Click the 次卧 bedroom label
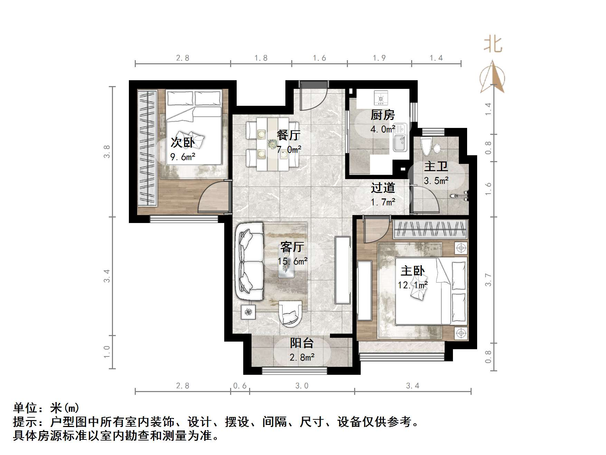[182, 142]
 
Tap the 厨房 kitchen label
[382, 115]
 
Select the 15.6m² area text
[293, 261]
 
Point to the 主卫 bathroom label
[436, 166]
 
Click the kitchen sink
[400, 142]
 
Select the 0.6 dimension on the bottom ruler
[240, 386]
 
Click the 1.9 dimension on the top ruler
[379, 58]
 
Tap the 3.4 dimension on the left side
[107, 276]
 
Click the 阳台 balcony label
[302, 343]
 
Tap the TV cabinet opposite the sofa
[343, 270]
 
